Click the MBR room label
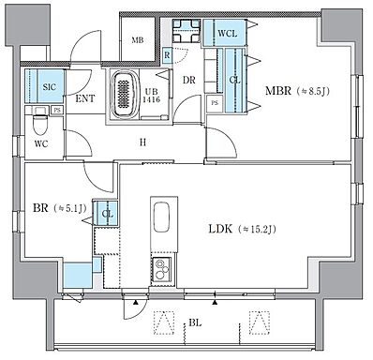278,91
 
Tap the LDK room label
220,230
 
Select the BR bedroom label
40,208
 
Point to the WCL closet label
227,34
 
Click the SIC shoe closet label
49,86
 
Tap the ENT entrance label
85,98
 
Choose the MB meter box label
138,40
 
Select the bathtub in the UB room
125,95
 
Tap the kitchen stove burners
162,270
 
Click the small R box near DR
167,55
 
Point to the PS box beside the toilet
57,110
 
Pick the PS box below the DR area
215,103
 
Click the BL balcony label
195,322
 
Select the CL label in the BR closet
108,215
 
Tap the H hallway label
142,142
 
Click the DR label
189,81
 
